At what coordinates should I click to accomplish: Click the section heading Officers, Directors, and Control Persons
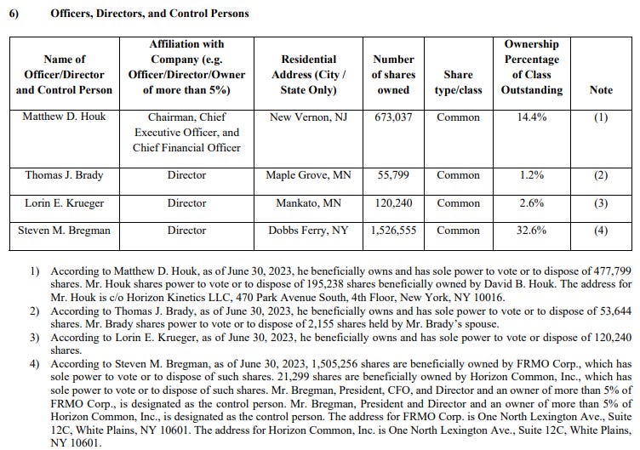150,14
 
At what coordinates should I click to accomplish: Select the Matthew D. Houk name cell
64,117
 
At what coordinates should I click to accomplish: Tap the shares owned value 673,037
393,117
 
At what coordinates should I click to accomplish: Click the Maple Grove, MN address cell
309,175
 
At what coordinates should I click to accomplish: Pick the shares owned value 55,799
393,175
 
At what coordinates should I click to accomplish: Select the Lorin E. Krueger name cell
64,203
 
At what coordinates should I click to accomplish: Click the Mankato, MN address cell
309,203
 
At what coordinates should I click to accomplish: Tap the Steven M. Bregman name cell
64,230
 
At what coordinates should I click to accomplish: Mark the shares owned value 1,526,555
393,230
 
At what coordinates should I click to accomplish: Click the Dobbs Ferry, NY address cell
309,230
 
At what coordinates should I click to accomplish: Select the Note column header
601,90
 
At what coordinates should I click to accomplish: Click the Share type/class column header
458,83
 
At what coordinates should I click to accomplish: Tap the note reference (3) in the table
601,203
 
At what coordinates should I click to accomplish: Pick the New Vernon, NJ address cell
309,117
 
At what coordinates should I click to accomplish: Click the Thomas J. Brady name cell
64,175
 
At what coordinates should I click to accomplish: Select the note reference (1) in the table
601,117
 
